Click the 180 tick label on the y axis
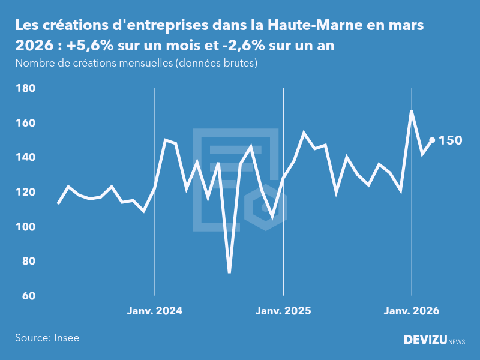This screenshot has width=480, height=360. click(x=26, y=89)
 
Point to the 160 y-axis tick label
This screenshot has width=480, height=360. click(x=26, y=123)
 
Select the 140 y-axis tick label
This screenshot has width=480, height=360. click(x=26, y=158)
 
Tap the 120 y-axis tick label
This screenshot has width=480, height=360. click(x=26, y=193)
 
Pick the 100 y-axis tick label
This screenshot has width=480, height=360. click(x=26, y=227)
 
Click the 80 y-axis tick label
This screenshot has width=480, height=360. click(x=29, y=262)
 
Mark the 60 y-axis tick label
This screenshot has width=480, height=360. click(x=29, y=296)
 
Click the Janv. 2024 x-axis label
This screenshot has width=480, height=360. click(x=155, y=311)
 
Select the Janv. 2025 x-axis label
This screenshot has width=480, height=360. click(x=283, y=311)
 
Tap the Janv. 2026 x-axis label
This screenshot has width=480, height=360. click(x=412, y=311)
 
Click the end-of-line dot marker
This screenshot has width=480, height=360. click(x=432, y=140)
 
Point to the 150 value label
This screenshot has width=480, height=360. click(x=451, y=140)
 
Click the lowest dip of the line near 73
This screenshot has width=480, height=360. click(x=229, y=272)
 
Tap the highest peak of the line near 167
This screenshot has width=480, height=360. click(x=412, y=111)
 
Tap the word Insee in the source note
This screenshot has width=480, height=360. click(x=66, y=338)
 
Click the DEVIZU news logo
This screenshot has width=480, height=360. click(x=434, y=340)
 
